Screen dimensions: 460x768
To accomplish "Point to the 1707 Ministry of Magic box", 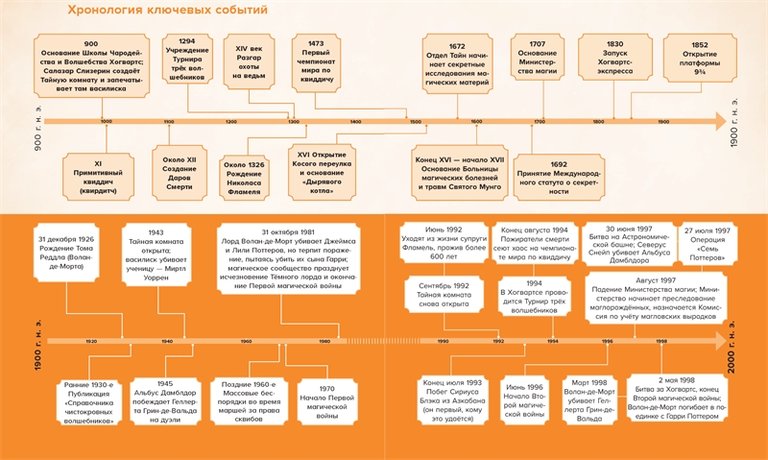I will pyautogui.click(x=538, y=61).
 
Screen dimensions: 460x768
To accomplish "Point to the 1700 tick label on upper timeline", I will pyautogui.click(x=539, y=123).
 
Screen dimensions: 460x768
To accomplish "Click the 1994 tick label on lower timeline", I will pyautogui.click(x=552, y=342).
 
